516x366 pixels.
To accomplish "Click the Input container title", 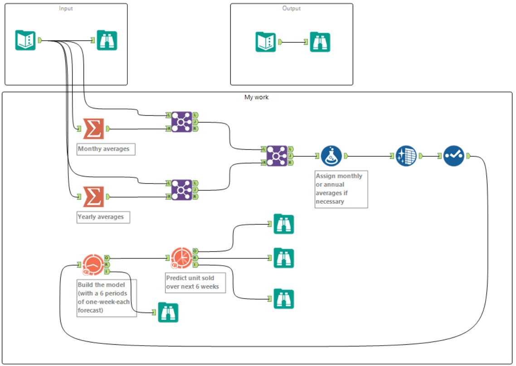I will click(66, 8).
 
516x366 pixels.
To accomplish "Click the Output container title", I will click(291, 8).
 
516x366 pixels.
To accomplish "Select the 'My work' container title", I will click(257, 97).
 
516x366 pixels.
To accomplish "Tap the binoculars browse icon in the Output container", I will click(320, 42).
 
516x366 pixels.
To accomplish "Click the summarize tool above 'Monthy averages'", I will click(93, 129).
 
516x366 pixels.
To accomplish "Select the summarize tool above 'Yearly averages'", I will click(93, 197).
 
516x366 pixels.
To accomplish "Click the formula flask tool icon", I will click(331, 156).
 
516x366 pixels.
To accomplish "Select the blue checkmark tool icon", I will click(454, 156).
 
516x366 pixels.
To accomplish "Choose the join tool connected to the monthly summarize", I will click(182, 122).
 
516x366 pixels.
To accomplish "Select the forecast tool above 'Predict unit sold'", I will click(182, 258).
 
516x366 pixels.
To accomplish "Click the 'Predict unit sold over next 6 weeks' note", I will click(195, 282).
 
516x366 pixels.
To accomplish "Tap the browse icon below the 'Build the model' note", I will click(168, 312).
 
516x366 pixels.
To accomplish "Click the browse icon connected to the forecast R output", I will click(284, 258).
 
